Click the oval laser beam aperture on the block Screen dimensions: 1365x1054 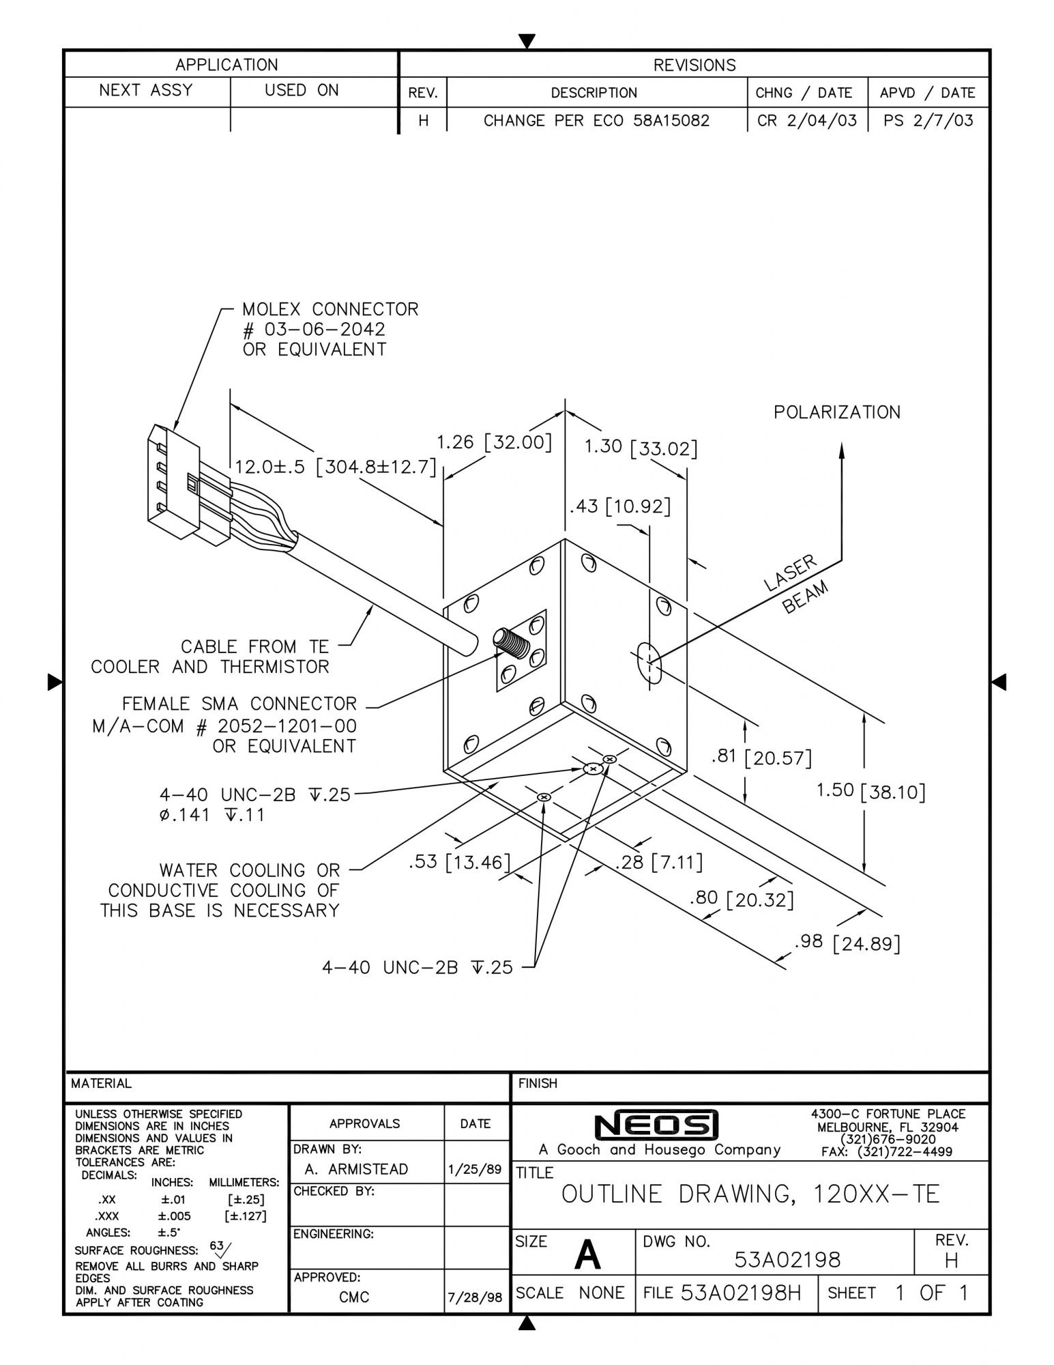click(x=649, y=661)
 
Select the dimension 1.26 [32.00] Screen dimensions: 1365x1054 click(x=493, y=442)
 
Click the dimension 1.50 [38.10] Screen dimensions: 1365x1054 click(x=870, y=791)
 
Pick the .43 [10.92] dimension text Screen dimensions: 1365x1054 click(x=619, y=506)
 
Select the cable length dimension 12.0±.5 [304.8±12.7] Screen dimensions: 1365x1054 click(x=335, y=468)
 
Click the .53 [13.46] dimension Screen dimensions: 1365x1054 click(x=459, y=862)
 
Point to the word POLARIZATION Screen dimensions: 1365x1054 click(x=836, y=412)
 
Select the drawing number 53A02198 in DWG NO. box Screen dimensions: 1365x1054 click(x=787, y=1260)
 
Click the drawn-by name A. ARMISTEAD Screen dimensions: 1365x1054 click(x=356, y=1169)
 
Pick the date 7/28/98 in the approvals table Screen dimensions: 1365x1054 click(x=475, y=1297)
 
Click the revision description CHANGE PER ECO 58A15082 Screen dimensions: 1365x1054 click(x=596, y=121)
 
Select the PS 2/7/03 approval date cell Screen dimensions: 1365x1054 click(x=928, y=121)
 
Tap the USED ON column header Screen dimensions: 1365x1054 click(x=302, y=91)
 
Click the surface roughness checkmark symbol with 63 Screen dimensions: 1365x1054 click(x=221, y=1248)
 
